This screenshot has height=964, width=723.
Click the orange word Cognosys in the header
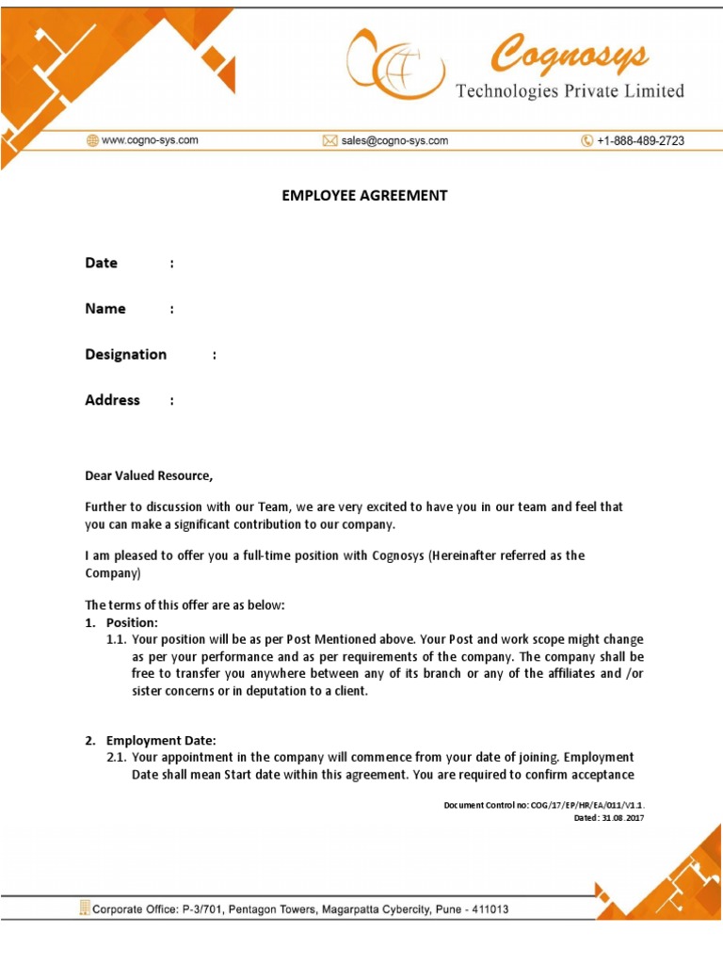click(570, 55)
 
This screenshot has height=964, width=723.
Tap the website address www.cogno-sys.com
click(150, 140)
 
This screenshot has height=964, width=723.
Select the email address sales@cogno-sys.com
click(394, 141)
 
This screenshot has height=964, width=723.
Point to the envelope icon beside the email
click(329, 141)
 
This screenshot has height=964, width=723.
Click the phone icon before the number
click(587, 141)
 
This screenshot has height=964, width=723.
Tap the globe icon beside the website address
click(92, 140)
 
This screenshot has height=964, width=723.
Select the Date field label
click(102, 264)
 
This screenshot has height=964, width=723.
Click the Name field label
click(105, 309)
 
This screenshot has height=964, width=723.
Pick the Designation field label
click(126, 355)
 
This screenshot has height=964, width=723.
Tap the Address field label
click(113, 400)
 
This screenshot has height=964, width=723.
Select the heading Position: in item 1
click(132, 623)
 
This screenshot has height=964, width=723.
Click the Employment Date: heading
click(161, 741)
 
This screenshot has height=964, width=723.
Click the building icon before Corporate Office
click(85, 908)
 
